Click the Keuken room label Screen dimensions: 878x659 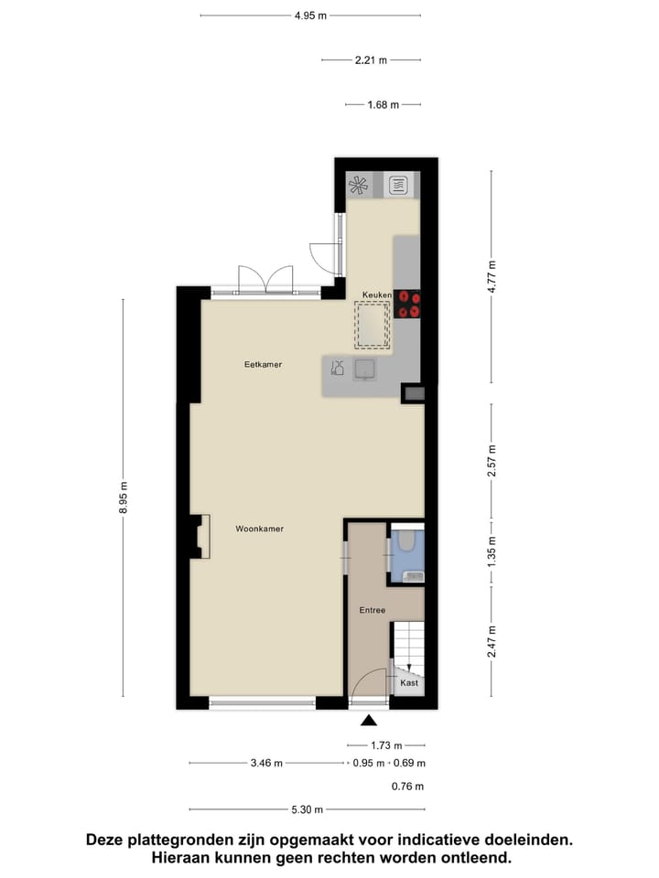377,295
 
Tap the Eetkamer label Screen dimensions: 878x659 263,365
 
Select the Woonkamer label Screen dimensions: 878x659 259,529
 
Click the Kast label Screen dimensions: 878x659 409,683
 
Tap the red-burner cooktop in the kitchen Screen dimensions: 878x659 409,304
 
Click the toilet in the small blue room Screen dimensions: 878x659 406,546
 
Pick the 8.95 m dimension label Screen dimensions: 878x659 124,498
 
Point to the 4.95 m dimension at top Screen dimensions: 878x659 310,16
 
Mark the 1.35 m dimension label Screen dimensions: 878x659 492,553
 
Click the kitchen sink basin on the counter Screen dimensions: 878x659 364,369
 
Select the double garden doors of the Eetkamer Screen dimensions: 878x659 265,280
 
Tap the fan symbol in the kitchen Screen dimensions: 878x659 359,186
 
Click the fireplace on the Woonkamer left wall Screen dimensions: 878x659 200,537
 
